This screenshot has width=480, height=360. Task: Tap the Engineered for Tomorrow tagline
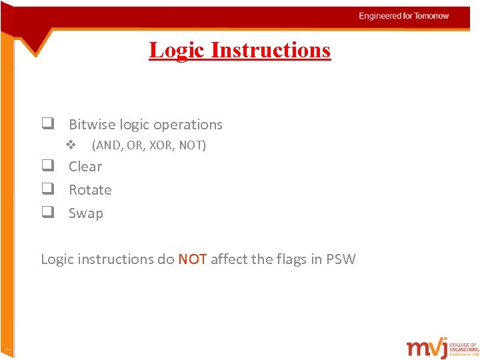coord(403,16)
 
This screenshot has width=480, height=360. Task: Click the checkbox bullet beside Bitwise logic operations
coord(47,124)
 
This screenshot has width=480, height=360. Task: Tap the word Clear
coord(85,167)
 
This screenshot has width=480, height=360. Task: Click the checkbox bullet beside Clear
coord(47,166)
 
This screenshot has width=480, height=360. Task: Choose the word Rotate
coord(90,190)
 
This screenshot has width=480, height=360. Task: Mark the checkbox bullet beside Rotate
coord(47,189)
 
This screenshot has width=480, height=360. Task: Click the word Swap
coord(86,213)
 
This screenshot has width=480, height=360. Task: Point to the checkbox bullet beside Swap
coord(47,213)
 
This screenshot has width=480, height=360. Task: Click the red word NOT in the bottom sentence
coord(193,259)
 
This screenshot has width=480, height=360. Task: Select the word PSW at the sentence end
coord(341,259)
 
